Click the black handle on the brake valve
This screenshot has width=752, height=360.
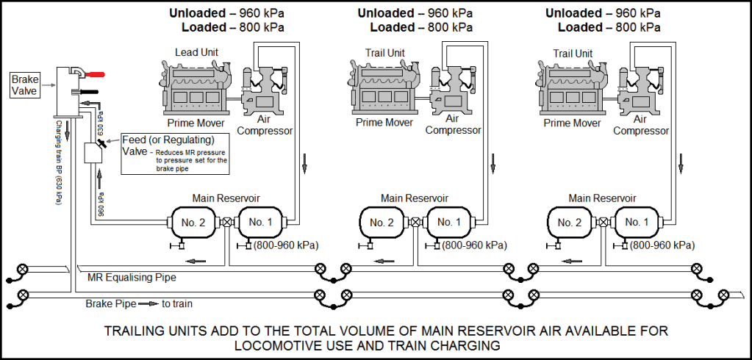[89, 92]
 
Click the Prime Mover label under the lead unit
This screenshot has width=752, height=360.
[196, 123]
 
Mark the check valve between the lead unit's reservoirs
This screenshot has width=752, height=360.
[227, 222]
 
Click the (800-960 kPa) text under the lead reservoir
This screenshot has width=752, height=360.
[286, 245]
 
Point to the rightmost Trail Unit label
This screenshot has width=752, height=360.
[573, 54]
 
